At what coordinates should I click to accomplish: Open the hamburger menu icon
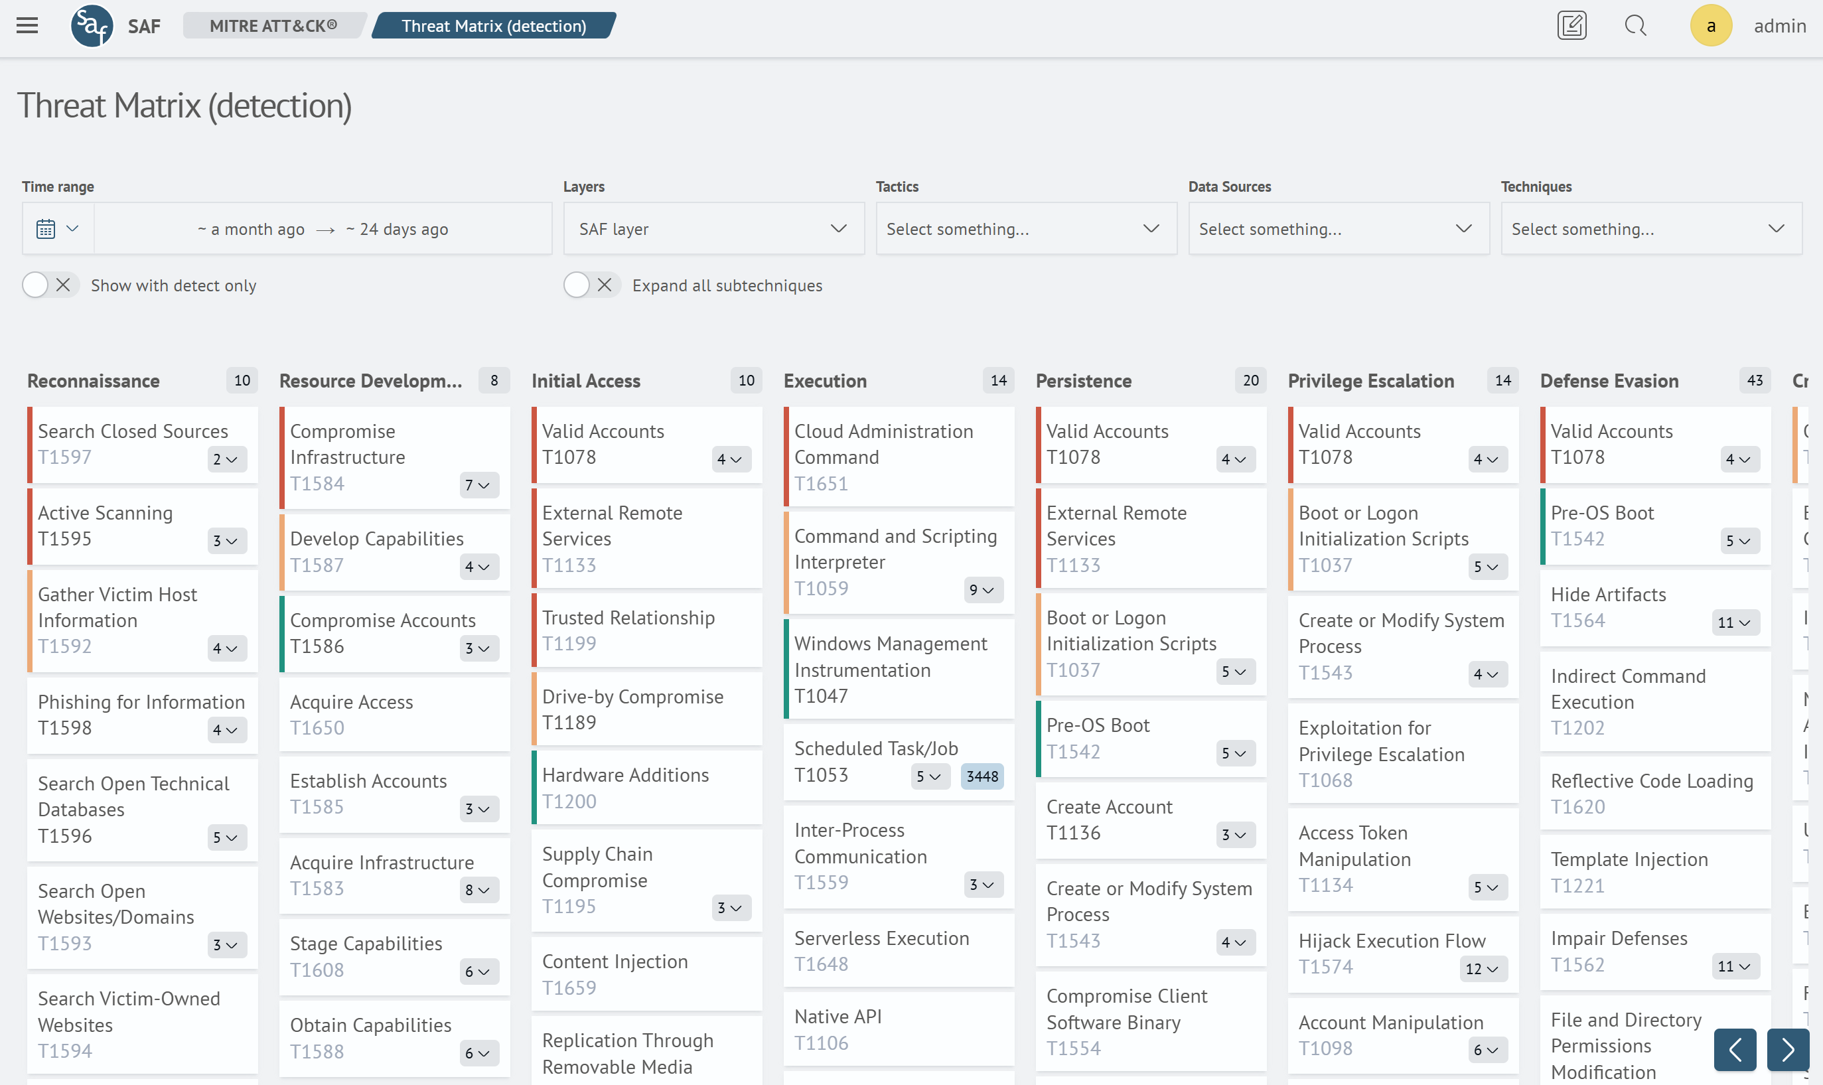tap(27, 26)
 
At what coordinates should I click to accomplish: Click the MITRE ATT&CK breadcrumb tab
tap(273, 26)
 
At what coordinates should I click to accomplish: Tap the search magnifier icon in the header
tap(1635, 26)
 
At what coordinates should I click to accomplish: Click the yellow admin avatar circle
tap(1710, 26)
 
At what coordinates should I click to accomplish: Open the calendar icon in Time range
tap(46, 229)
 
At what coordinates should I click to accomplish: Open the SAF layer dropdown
tap(713, 229)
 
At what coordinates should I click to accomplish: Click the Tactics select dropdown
tap(1025, 229)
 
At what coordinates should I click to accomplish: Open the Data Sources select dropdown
tap(1338, 229)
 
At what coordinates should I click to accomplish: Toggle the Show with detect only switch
tap(50, 285)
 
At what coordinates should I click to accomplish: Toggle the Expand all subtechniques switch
tap(591, 285)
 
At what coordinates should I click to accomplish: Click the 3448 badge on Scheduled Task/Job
tap(982, 776)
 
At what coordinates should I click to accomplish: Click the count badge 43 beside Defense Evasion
tap(1754, 380)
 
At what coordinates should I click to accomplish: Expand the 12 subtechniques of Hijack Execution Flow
tap(1482, 969)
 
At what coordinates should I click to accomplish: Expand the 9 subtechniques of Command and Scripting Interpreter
tap(982, 590)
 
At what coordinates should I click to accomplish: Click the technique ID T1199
tap(569, 644)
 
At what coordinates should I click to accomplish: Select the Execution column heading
tap(824, 381)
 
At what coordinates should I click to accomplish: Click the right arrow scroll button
tap(1787, 1050)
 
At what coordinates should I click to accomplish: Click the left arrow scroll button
tap(1735, 1050)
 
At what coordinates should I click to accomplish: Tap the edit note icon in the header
tap(1571, 26)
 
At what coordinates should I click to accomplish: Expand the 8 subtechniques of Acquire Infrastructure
tap(477, 890)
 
